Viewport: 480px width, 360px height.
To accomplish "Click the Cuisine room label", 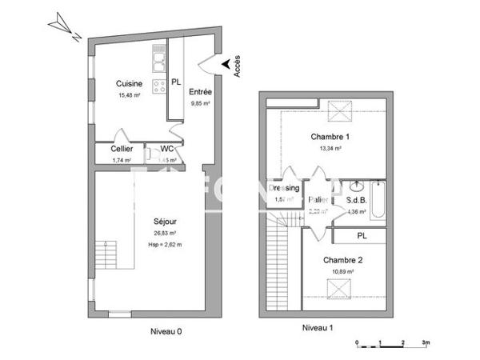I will click(x=129, y=84).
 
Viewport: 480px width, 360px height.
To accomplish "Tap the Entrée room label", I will click(x=200, y=92).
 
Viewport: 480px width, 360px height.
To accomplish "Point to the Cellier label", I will click(x=122, y=149).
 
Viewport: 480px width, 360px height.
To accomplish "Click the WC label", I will click(x=166, y=148).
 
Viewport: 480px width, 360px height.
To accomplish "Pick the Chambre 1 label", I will click(x=330, y=137).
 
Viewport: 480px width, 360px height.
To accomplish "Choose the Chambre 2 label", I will click(x=343, y=261).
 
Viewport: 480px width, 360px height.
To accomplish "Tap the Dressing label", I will click(x=284, y=188).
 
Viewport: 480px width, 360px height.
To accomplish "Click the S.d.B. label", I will click(x=357, y=200).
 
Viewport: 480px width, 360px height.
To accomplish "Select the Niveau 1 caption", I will click(x=318, y=328).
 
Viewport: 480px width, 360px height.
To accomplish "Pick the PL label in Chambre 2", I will click(x=362, y=235).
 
